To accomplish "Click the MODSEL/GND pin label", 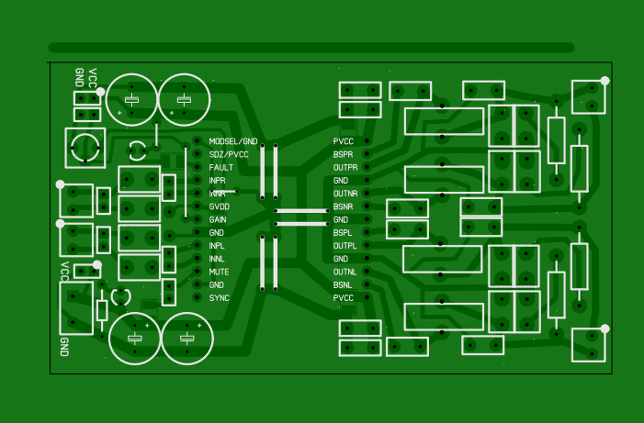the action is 233,141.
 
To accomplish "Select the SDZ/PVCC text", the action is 228,154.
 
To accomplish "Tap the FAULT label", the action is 221,167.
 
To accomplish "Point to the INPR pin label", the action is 217,181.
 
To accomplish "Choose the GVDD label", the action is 219,207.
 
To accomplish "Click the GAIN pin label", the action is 217,220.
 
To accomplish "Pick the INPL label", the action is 216,246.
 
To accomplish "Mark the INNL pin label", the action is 217,259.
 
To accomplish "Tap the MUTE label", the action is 219,272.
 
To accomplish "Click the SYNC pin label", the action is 219,298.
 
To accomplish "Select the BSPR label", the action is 343,154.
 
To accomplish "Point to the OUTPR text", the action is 345,167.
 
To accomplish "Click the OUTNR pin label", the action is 345,194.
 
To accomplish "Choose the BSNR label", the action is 343,207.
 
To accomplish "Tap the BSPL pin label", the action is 343,233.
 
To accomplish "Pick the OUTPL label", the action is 345,246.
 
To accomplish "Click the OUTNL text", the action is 345,272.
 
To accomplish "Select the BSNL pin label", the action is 343,285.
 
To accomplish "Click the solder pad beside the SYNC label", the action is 197,298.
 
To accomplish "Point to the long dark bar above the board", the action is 311,48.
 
